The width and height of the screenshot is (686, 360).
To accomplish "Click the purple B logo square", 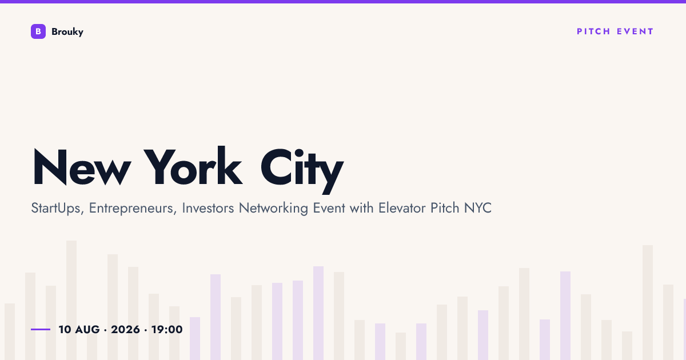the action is (38, 31).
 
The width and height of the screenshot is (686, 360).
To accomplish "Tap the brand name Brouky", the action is (67, 32).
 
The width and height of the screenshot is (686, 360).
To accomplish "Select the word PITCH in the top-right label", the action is (593, 31).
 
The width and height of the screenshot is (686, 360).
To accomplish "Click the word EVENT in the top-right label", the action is (635, 31).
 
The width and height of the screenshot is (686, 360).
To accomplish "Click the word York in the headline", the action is (193, 166).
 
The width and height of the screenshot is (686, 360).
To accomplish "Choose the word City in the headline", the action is (302, 170).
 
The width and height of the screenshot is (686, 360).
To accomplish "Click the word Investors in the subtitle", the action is (208, 208).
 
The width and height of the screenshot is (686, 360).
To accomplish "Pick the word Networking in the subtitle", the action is (273, 209).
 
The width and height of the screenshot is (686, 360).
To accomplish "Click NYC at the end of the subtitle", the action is (478, 208).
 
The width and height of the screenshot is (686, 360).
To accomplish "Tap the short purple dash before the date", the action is (41, 329).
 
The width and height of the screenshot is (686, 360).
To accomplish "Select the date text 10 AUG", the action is (79, 329).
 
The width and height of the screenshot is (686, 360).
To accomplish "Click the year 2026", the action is (125, 329).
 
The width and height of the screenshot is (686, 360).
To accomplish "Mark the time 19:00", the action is (167, 329).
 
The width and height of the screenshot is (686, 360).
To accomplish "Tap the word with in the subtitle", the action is (361, 208).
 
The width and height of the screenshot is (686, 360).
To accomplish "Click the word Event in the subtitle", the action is (329, 208).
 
